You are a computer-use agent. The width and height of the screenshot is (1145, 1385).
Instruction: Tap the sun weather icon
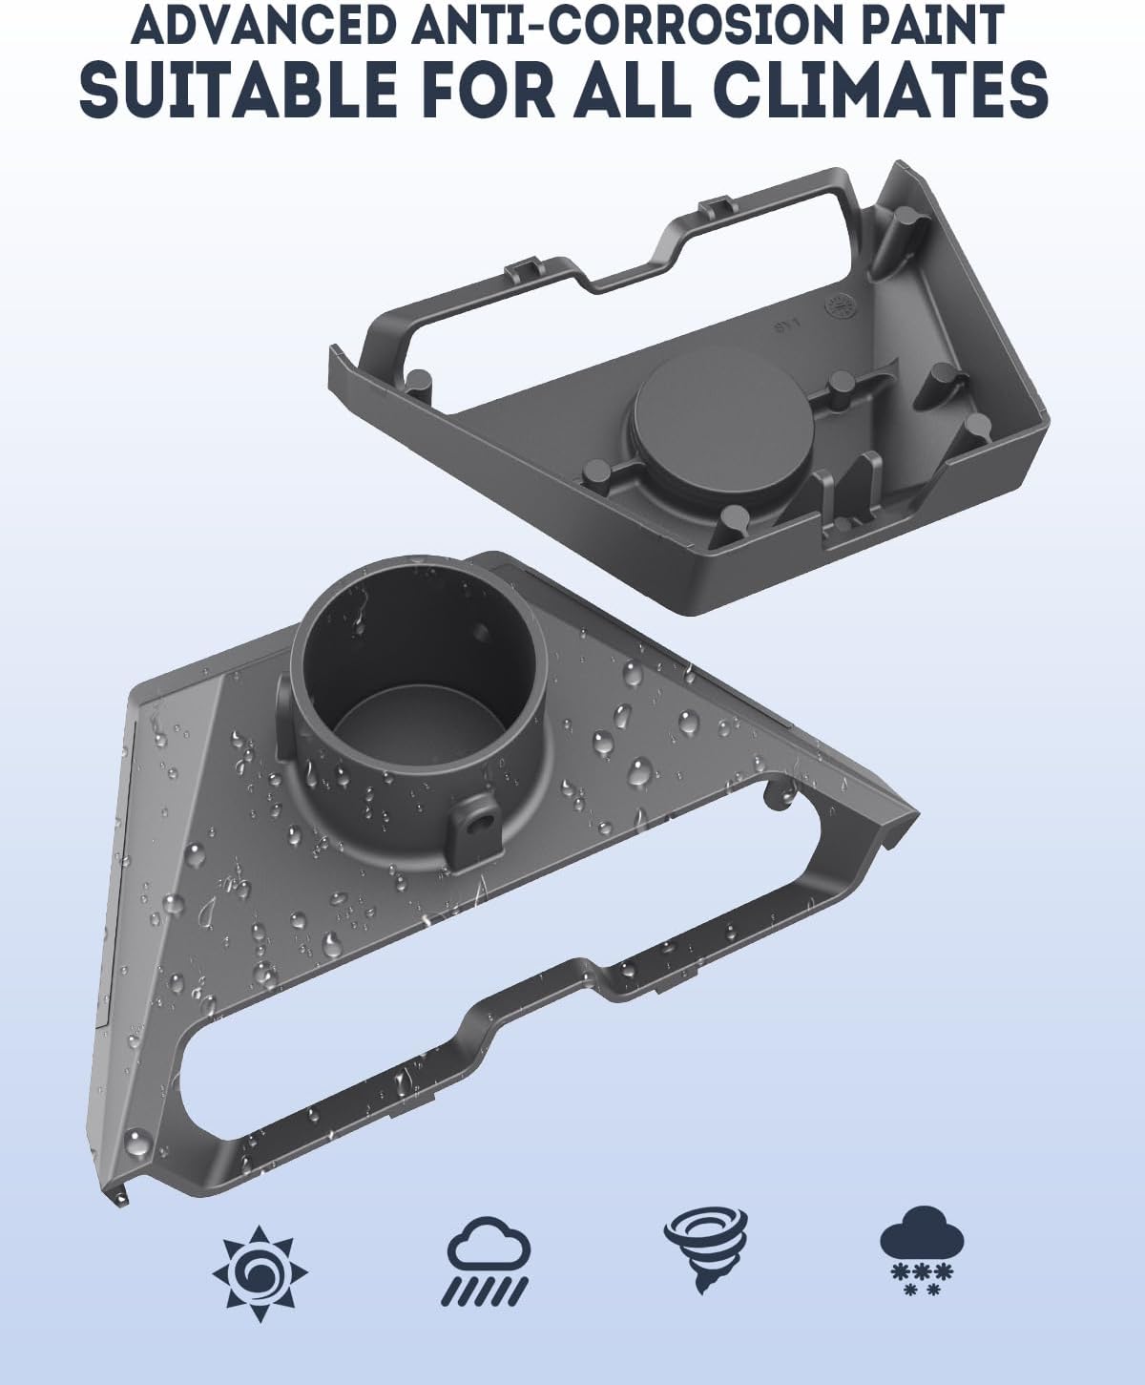click(260, 1273)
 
